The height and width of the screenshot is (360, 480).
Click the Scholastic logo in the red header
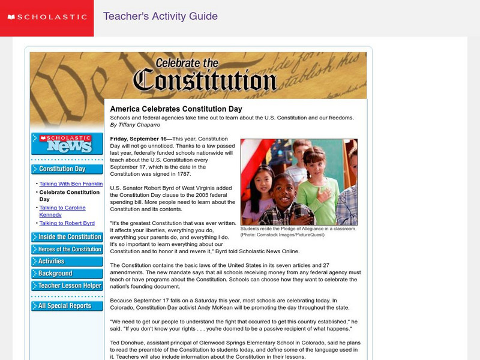(46, 17)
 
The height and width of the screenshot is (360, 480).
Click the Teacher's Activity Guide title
(160, 16)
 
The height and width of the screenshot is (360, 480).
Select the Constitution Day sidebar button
(67, 169)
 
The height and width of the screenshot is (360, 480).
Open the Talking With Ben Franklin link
(71, 184)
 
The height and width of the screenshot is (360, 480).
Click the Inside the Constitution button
(67, 237)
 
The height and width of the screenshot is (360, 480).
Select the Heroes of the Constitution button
(67, 249)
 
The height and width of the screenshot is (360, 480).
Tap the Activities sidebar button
(67, 261)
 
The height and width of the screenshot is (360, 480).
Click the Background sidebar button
(67, 274)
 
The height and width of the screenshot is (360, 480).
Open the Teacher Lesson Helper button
(67, 286)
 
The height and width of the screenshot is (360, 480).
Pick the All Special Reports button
(67, 306)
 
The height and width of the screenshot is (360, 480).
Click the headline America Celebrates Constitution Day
(176, 109)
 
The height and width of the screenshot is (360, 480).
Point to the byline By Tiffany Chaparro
(135, 125)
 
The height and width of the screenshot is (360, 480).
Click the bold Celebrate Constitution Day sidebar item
(69, 196)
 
